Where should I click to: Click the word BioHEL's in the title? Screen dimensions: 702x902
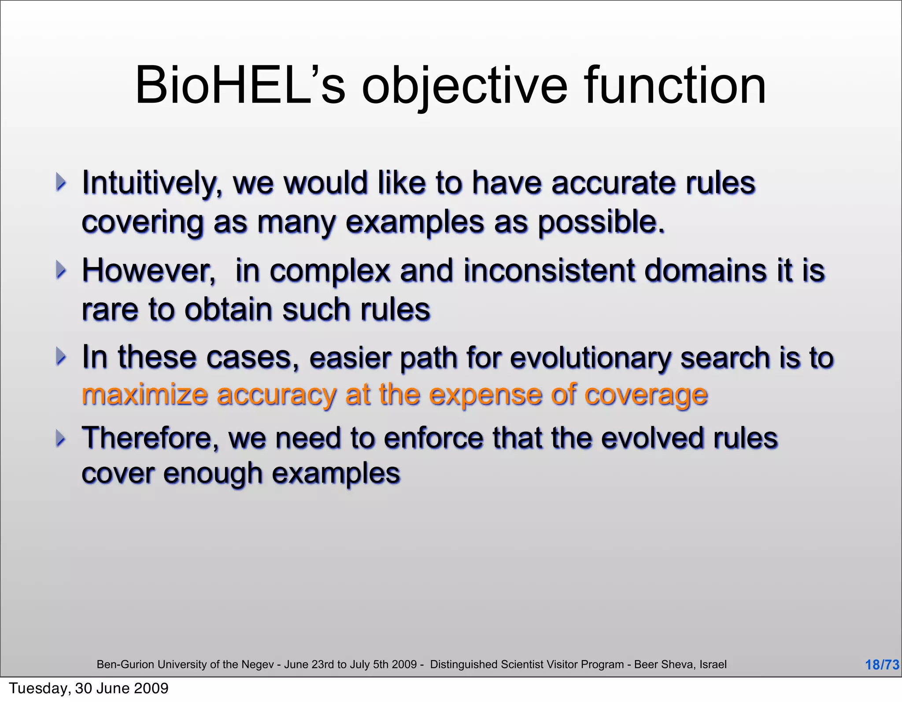click(x=240, y=86)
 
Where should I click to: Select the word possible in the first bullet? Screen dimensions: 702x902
click(x=601, y=223)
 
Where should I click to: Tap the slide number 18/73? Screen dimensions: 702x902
click(x=882, y=665)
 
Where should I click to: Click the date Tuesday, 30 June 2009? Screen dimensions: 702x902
click(x=89, y=688)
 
